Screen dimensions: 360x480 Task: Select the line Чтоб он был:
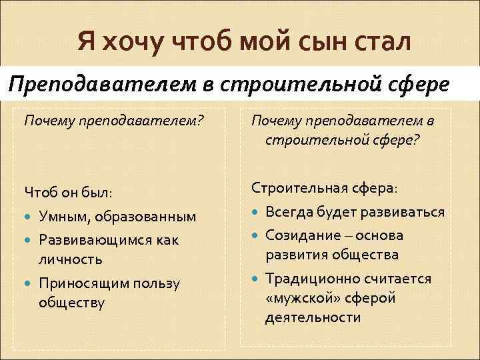coord(68,193)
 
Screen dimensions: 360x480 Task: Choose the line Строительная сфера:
coord(324,189)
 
